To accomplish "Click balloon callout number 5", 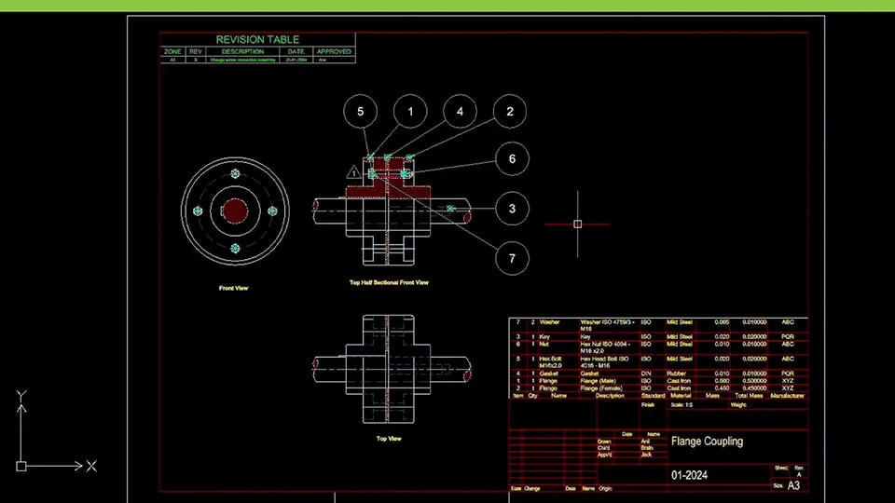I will tap(360, 112).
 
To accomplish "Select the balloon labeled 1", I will tap(410, 112).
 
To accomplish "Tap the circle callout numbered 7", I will tap(512, 258).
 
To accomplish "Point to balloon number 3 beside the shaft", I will tap(512, 209).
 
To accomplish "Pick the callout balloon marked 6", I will tap(512, 159).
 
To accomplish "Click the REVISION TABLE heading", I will tap(257, 40).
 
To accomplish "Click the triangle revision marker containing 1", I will tap(353, 172).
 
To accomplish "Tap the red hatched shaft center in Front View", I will tap(235, 211).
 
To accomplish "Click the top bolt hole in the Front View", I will tap(235, 175).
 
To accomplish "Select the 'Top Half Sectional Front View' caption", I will tap(389, 282).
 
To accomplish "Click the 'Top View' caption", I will tap(388, 438).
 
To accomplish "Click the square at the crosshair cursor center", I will tap(578, 224).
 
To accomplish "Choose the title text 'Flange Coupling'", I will tap(707, 441).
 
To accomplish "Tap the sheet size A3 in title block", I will tap(793, 485).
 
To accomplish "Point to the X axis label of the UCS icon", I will tap(91, 466).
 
